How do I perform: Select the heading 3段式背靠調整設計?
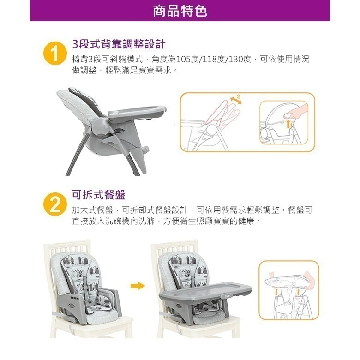coord(119,44)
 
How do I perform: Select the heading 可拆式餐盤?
coord(99,195)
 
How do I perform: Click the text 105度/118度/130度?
coord(213,60)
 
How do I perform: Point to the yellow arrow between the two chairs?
coord(138,286)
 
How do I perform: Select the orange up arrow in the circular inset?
coord(289,123)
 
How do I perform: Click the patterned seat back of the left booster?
coord(84,272)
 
